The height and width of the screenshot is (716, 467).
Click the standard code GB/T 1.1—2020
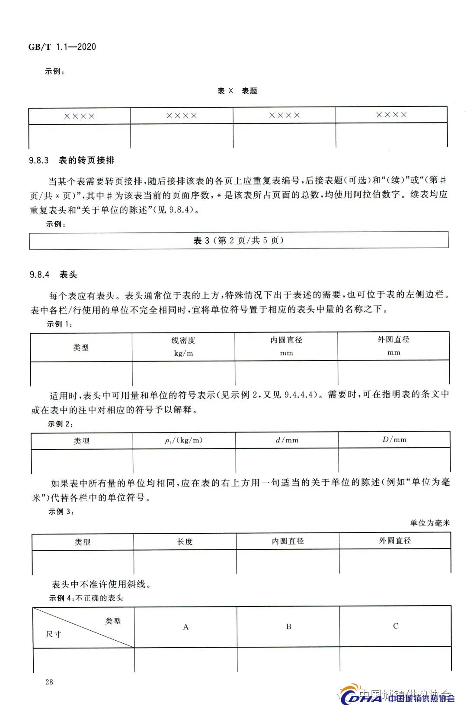[x=62, y=47]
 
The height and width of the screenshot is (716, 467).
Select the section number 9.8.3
[x=39, y=161]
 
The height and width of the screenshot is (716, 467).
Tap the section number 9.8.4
[x=39, y=275]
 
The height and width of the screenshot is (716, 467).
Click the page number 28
[x=49, y=682]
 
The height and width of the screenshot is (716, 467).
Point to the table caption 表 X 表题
[x=237, y=91]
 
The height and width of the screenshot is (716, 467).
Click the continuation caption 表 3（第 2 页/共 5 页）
[x=238, y=241]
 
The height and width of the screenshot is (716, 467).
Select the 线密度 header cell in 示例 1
[x=183, y=341]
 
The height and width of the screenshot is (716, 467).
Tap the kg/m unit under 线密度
[x=183, y=353]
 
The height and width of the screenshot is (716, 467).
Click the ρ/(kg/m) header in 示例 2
[x=184, y=440]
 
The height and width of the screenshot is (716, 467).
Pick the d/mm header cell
[x=287, y=440]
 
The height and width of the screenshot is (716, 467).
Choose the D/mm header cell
[x=394, y=440]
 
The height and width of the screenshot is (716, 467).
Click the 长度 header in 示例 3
[x=185, y=542]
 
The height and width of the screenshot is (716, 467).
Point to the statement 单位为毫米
[x=430, y=523]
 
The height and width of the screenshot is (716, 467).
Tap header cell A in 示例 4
[x=186, y=627]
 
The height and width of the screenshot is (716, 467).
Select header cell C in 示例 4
[x=396, y=626]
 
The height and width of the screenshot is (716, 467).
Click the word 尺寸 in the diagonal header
[x=54, y=634]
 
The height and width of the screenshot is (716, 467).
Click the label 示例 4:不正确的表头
[x=86, y=598]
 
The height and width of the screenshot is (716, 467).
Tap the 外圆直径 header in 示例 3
[x=395, y=541]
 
